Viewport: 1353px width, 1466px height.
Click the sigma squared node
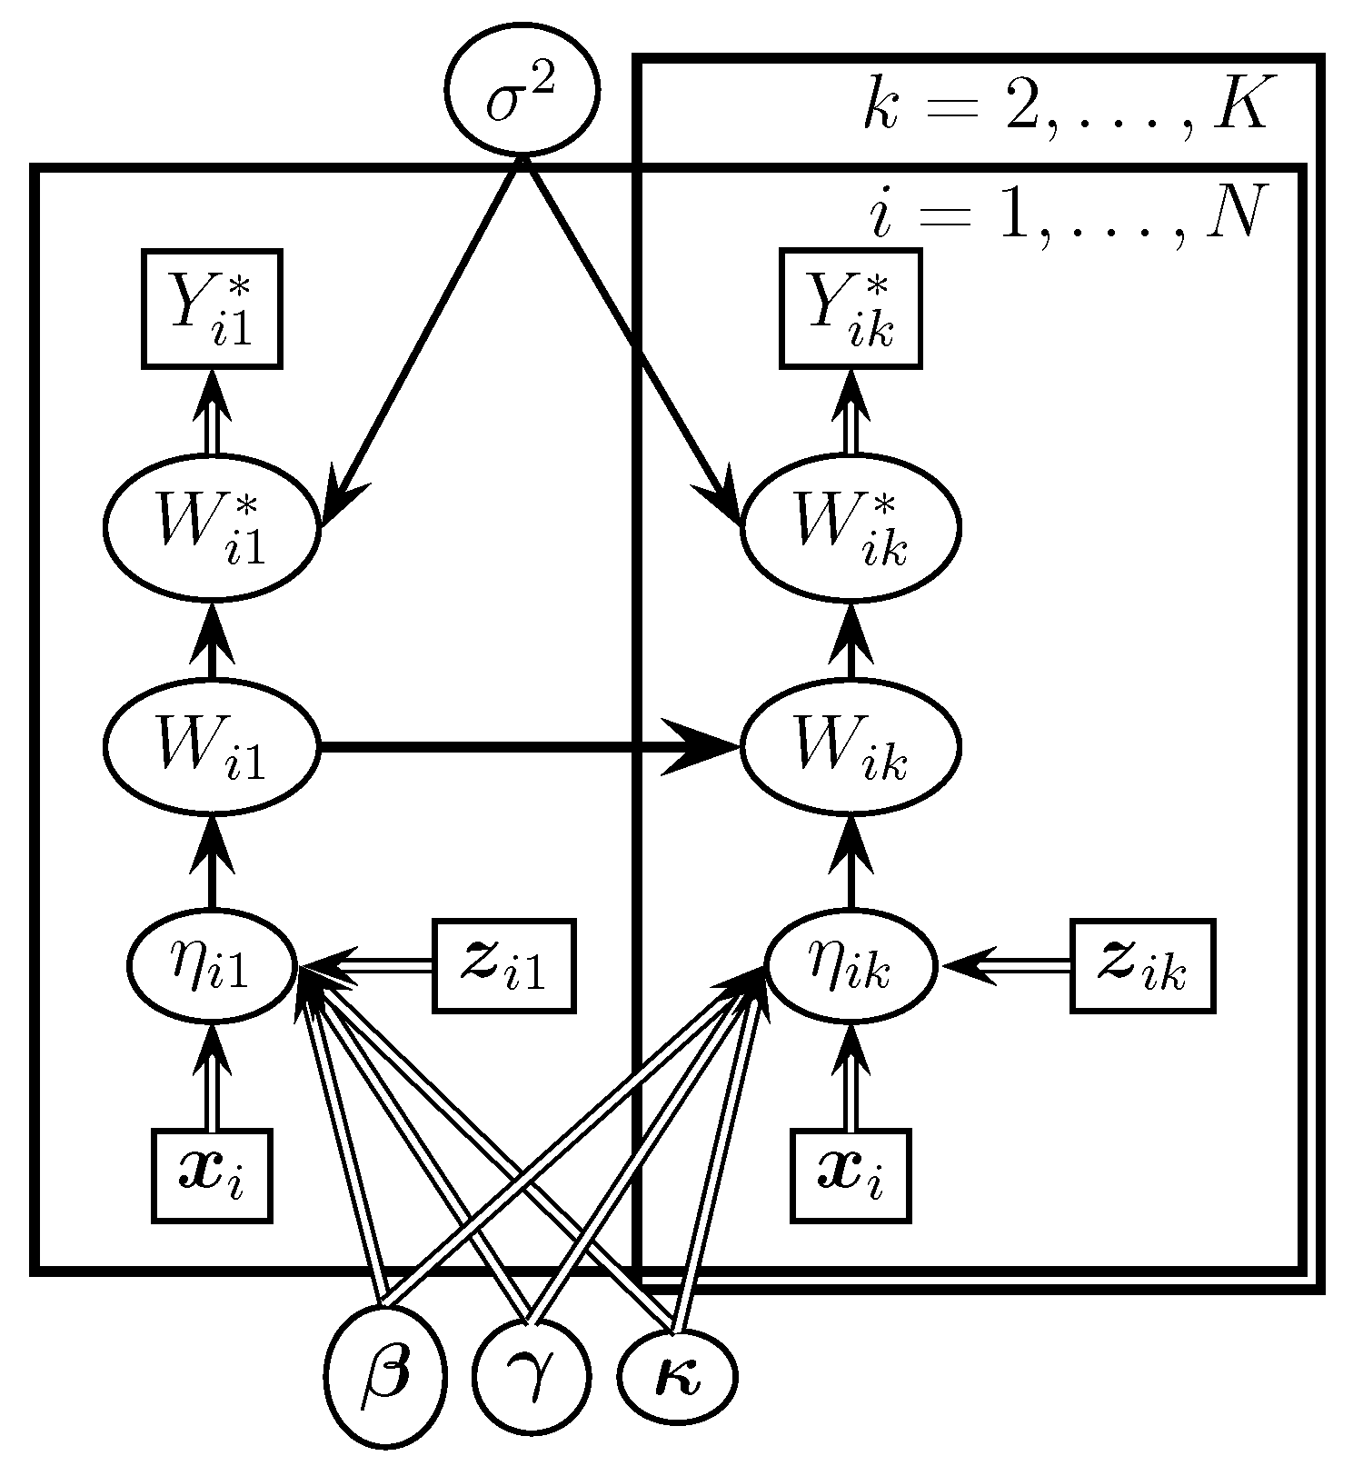pos(522,92)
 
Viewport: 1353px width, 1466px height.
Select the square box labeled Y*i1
pos(212,309)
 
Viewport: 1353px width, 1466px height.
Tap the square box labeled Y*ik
pos(851,309)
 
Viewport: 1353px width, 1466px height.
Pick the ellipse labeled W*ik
pos(851,528)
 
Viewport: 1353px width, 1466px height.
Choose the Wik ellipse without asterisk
pos(851,748)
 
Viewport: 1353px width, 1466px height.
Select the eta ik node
pos(851,967)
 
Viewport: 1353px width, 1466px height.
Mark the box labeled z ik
pos(1142,967)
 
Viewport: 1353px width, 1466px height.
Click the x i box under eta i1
pos(212,1175)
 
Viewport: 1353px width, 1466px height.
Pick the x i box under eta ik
pos(851,1175)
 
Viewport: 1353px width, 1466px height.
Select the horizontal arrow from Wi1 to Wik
pos(509,748)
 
